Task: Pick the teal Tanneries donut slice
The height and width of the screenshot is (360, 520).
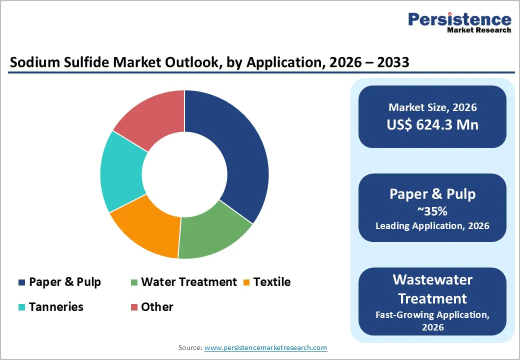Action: click(122, 172)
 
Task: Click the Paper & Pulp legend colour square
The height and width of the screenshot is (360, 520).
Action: click(21, 282)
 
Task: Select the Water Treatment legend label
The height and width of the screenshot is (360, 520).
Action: click(188, 282)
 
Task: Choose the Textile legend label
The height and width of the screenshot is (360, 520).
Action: click(271, 282)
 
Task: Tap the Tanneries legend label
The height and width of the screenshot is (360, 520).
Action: click(56, 306)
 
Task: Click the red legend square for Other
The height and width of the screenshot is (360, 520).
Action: click(134, 307)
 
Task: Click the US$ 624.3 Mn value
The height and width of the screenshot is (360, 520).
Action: click(432, 124)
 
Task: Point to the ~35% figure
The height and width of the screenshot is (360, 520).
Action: click(432, 210)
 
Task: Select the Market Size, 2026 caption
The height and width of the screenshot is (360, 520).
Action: click(432, 107)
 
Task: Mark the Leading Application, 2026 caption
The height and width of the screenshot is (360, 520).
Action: click(432, 225)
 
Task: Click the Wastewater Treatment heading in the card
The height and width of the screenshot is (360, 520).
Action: click(432, 289)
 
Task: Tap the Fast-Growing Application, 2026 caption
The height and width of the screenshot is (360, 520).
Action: click(432, 320)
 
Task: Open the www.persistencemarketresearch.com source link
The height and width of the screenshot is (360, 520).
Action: click(265, 347)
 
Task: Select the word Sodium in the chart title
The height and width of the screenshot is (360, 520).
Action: click(34, 62)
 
